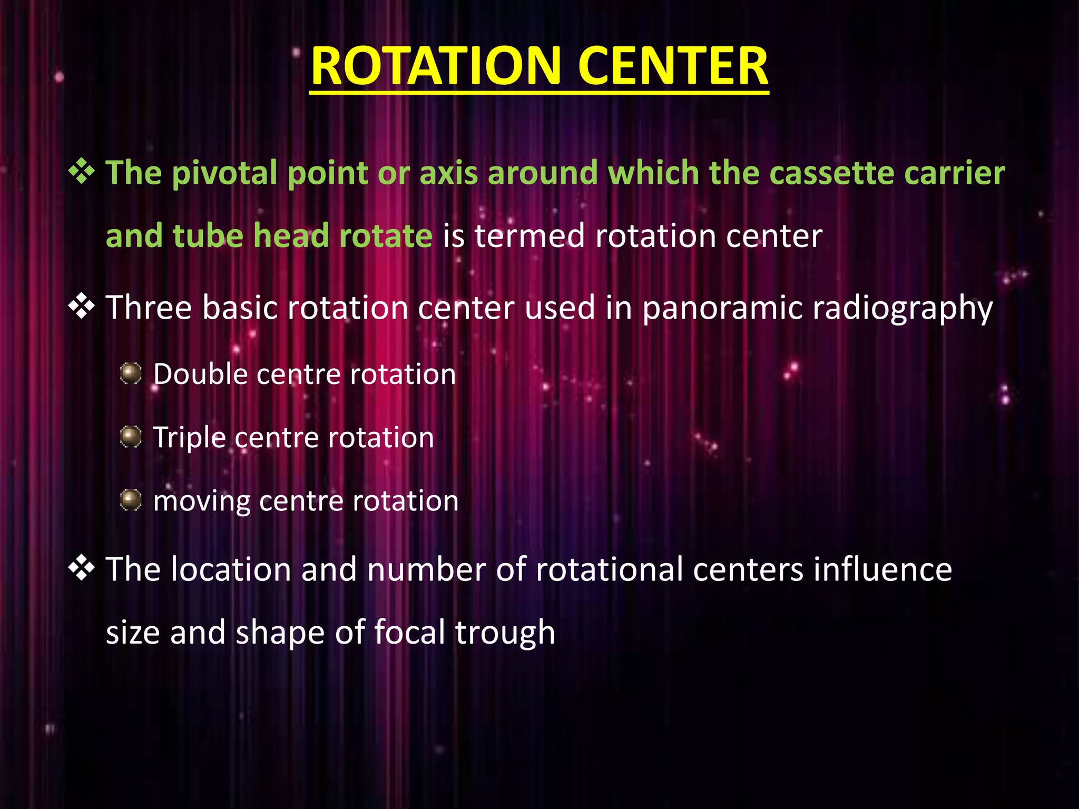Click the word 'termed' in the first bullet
(529, 235)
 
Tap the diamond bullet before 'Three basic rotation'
(82, 307)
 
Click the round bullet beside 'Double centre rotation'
(131, 374)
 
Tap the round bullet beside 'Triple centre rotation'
(131, 437)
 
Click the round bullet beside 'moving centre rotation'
(131, 500)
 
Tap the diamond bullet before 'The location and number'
(82, 569)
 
